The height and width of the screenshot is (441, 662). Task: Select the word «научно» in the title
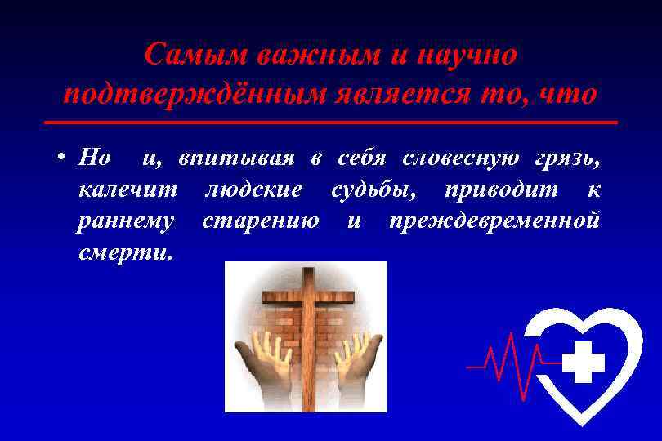point(466,56)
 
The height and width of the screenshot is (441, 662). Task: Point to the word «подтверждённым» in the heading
point(194,94)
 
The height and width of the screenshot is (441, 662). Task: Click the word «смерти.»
point(125,252)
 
